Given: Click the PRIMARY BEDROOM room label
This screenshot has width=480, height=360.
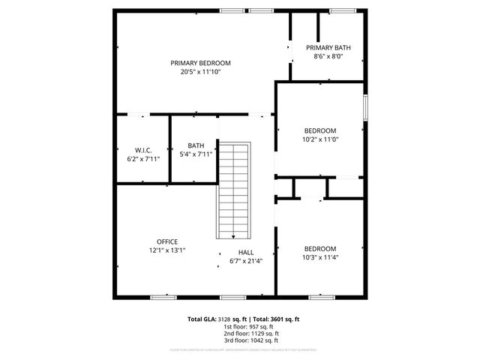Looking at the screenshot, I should click(200, 63).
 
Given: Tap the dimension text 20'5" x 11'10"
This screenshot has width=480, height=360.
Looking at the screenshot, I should click(200, 72).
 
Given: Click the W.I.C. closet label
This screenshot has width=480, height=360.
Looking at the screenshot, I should click(144, 150).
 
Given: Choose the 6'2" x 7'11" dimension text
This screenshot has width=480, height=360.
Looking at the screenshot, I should click(144, 159).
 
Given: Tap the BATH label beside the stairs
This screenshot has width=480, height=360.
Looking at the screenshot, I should click(196, 145).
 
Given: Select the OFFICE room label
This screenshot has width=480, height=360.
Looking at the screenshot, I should click(166, 241).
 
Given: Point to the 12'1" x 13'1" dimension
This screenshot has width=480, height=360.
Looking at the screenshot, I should click(166, 250).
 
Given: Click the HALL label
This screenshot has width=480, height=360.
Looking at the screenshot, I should click(246, 253).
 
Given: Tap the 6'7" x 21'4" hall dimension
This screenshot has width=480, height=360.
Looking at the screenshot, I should click(246, 262).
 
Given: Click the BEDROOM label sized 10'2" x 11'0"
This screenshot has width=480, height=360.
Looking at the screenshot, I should click(320, 130).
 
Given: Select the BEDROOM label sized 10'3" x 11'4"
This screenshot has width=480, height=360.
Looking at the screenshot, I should click(320, 249).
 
